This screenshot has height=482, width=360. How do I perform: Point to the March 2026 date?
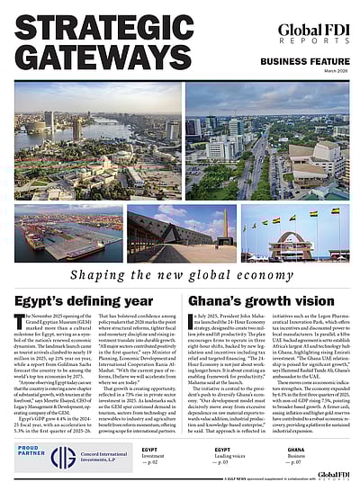pos(333,72)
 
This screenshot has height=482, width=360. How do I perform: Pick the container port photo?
pos(67,236)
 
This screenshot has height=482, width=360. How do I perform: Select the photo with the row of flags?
pos(297,236)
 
